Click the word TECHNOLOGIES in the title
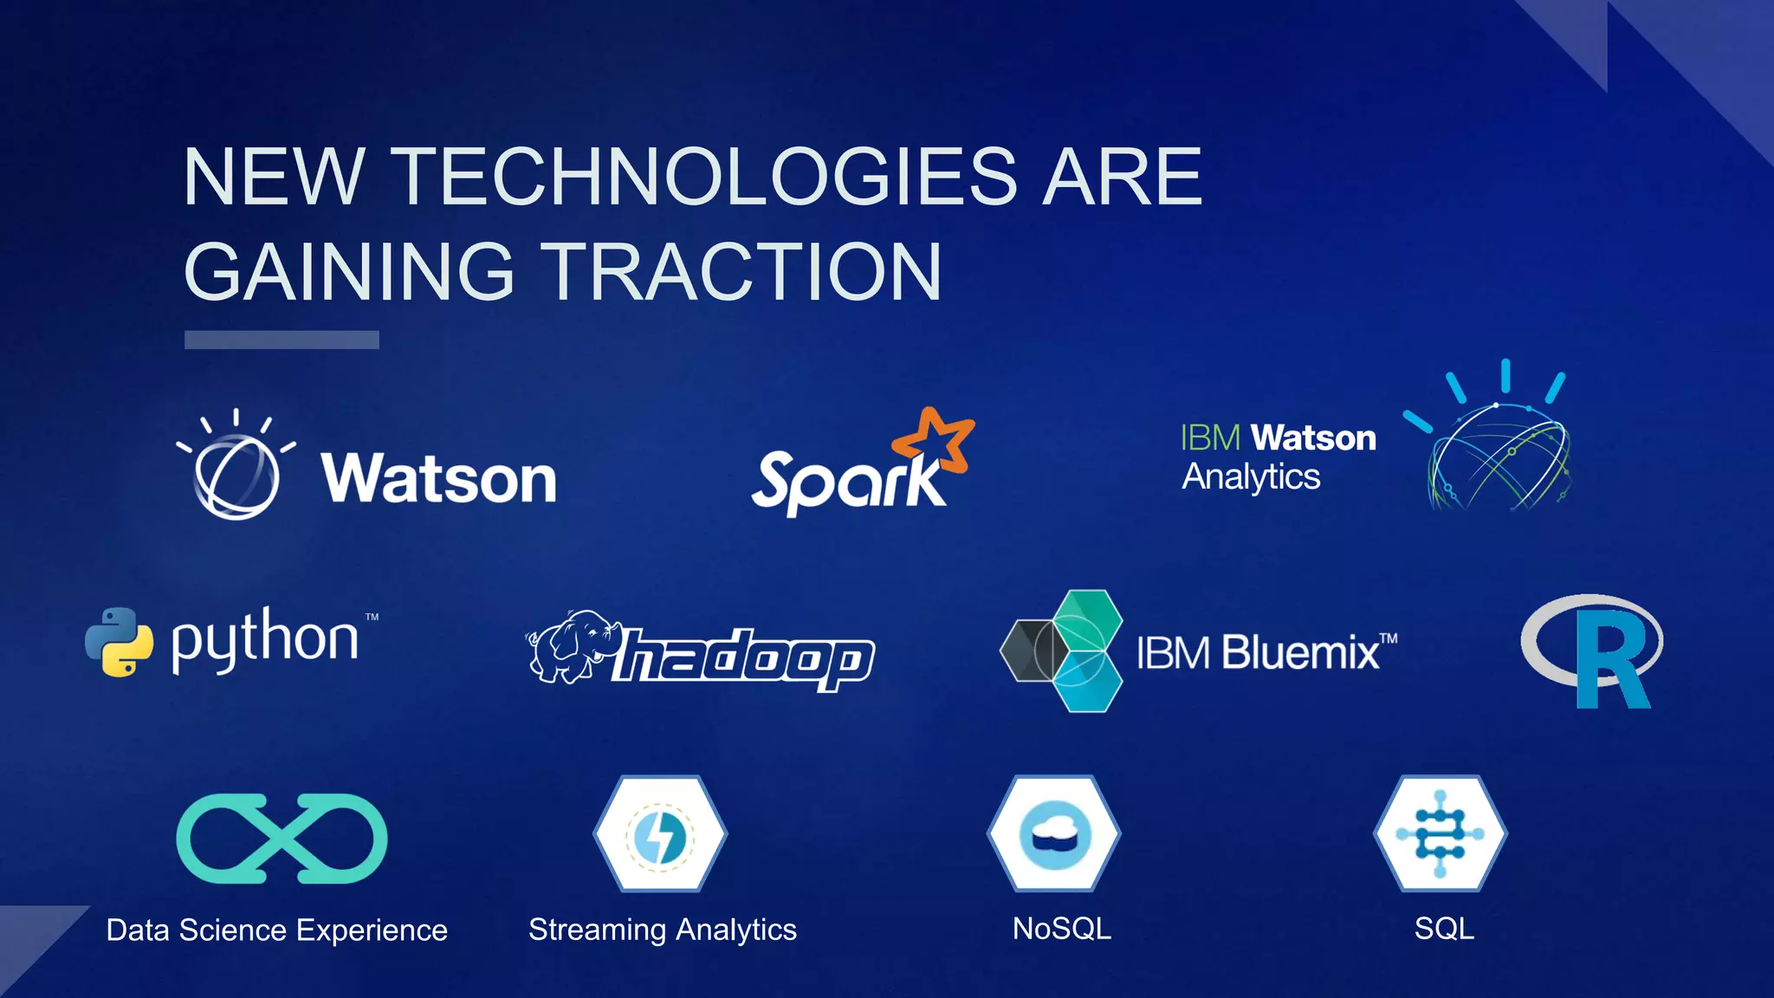point(707,177)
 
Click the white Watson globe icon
point(236,472)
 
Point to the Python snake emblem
point(120,642)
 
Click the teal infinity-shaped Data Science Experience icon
point(282,838)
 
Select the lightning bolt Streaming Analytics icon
point(660,834)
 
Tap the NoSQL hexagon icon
point(1054,834)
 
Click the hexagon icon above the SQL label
point(1441,834)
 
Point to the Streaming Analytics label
point(663,930)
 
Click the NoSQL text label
point(1061,929)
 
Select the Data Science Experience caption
point(277,930)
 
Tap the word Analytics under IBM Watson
point(1251,477)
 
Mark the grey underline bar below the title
point(282,340)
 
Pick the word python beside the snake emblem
point(264,640)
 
